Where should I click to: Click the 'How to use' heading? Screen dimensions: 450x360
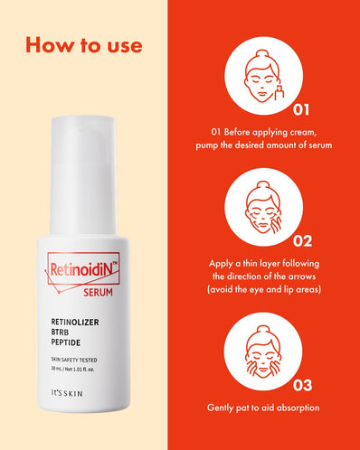click(x=83, y=44)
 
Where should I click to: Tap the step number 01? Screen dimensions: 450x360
click(x=301, y=110)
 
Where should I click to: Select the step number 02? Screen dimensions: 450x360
click(x=301, y=241)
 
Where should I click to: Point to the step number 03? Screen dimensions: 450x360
click(x=301, y=383)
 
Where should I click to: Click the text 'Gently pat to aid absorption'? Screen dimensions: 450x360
click(x=261, y=408)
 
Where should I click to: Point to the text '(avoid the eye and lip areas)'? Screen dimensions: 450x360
click(x=261, y=290)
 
